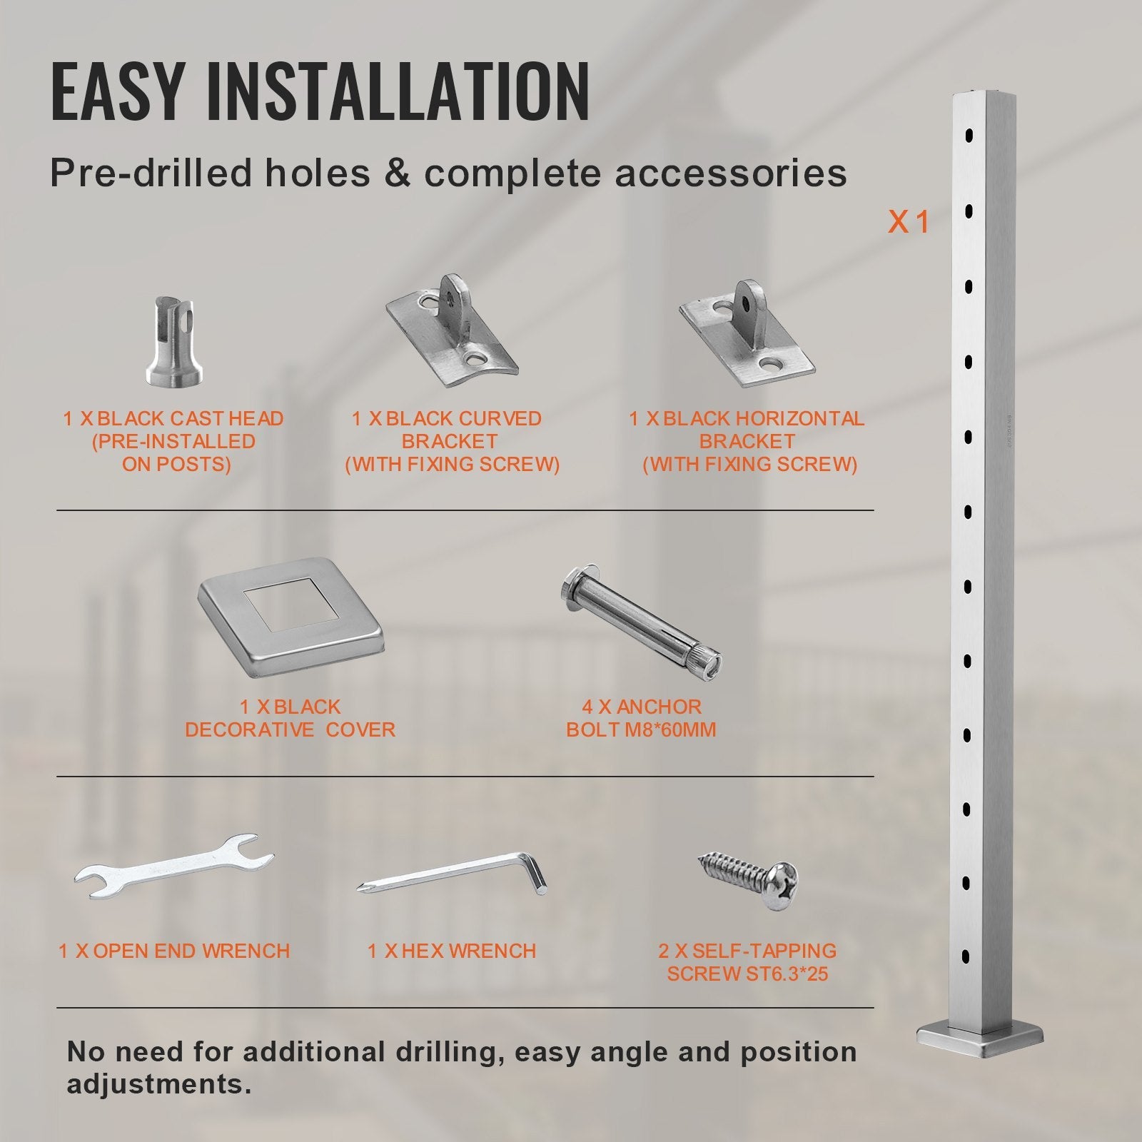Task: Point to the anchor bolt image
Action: (640, 620)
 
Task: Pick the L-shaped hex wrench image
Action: (453, 874)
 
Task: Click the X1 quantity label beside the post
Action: (909, 222)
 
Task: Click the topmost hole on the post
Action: (969, 133)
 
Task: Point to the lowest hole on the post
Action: (966, 956)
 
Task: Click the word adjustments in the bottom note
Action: (158, 1084)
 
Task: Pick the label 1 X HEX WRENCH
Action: (451, 951)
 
